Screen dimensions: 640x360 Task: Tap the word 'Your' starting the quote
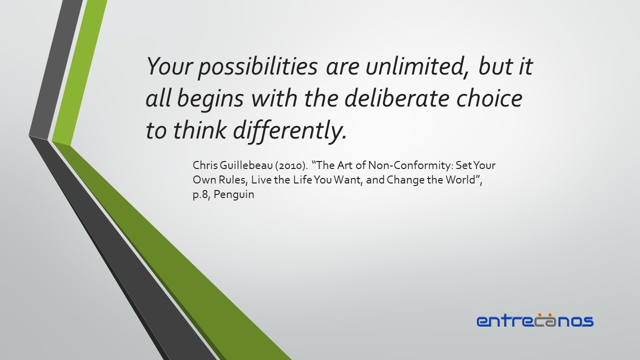click(169, 66)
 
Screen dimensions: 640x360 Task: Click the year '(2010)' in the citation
click(291, 165)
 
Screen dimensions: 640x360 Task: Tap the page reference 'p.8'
click(201, 195)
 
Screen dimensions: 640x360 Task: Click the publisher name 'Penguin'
click(233, 195)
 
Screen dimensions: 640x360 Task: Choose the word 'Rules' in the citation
click(233, 180)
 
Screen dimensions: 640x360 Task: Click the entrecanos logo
click(535, 320)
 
